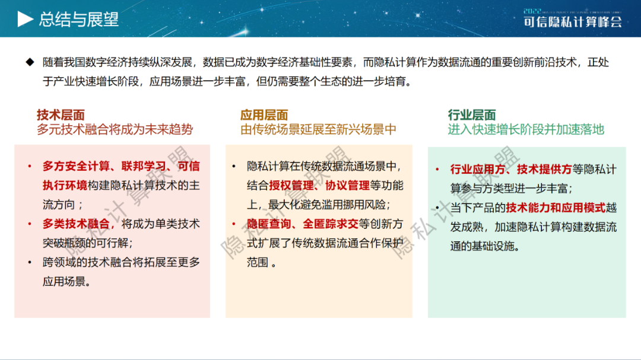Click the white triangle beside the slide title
pyautogui.click(x=25, y=19)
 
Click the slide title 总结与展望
pyautogui.click(x=79, y=19)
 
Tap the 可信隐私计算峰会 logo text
pyautogui.click(x=573, y=22)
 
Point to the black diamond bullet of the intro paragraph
pyautogui.click(x=30, y=62)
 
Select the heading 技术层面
pyautogui.click(x=61, y=115)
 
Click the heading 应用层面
pyautogui.click(x=264, y=115)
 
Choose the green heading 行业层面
pyautogui.click(x=472, y=115)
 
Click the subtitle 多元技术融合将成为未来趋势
pyautogui.click(x=115, y=129)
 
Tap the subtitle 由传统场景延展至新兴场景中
pyautogui.click(x=318, y=129)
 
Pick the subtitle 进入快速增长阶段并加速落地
pyautogui.click(x=526, y=129)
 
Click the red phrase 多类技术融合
pyautogui.click(x=76, y=224)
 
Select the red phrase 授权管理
pyautogui.click(x=285, y=186)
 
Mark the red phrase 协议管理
pyautogui.click(x=347, y=186)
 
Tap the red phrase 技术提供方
pyautogui.click(x=544, y=169)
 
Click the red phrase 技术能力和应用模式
pyautogui.click(x=556, y=208)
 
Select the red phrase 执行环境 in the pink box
pyautogui.click(x=65, y=186)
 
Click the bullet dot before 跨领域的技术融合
pyautogui.click(x=30, y=262)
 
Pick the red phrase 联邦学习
pyautogui.click(x=143, y=166)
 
